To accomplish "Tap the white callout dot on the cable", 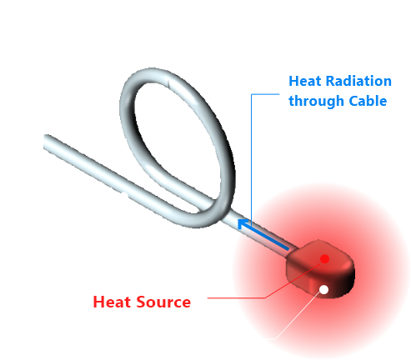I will pos(123,197).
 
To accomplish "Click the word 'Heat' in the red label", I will pos(110,302).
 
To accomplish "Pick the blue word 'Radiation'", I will pos(355,82).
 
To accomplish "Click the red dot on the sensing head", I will pos(324,258).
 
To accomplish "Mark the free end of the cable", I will pos(47,141).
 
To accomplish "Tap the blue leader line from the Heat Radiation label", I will pos(252,150).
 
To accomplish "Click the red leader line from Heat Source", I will pos(242,297).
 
